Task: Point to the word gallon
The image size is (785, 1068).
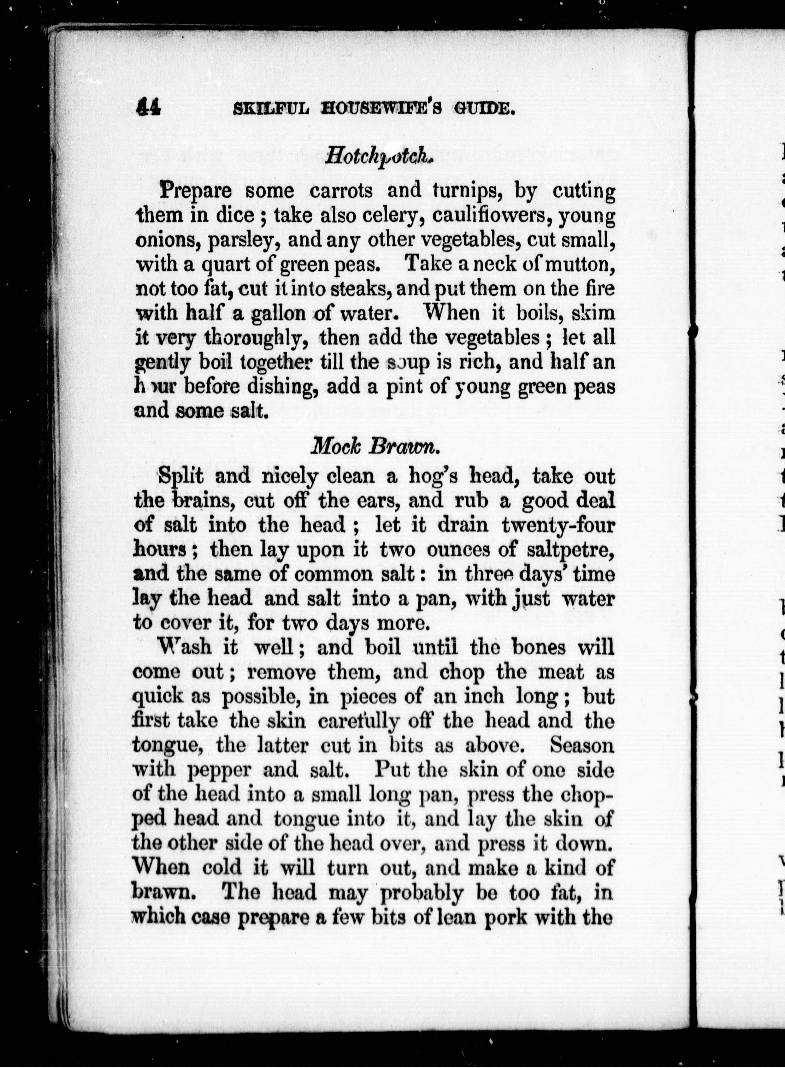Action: pos(278,314)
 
